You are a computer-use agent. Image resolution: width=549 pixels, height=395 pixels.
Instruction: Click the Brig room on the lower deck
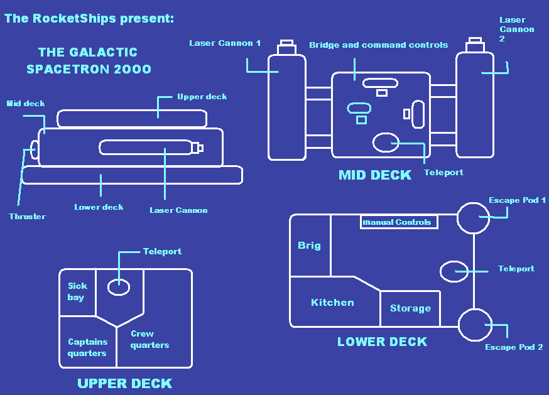click(310, 246)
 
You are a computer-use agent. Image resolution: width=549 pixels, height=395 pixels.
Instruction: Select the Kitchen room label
click(332, 303)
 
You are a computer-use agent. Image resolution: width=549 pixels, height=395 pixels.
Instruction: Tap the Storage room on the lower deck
click(410, 308)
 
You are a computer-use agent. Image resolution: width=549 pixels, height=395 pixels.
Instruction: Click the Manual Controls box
click(398, 222)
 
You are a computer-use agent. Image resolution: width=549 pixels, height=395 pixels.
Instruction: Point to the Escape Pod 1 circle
click(472, 217)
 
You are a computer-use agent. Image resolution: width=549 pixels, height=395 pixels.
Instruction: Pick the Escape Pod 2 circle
click(475, 325)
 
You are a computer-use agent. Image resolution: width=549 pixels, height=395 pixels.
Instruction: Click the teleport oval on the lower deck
click(454, 271)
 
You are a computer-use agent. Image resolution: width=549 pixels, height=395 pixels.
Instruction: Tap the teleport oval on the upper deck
click(119, 287)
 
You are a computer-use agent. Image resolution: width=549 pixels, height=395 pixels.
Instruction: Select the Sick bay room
click(77, 291)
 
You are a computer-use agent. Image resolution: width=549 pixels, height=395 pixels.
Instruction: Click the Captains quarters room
click(87, 347)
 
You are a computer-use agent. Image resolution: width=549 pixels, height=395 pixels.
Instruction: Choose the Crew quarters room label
click(149, 339)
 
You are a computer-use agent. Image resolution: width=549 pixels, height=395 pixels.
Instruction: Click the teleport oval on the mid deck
click(386, 143)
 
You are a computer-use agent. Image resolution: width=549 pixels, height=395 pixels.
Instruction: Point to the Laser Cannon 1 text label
click(225, 43)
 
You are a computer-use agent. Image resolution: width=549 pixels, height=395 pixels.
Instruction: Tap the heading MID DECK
click(375, 175)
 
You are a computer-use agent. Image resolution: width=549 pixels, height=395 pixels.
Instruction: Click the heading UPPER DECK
click(124, 383)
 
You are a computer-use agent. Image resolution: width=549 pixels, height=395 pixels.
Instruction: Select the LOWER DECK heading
click(382, 342)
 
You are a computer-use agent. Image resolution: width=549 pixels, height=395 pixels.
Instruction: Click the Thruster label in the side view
click(27, 217)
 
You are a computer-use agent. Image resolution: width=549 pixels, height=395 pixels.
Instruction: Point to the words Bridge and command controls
click(378, 45)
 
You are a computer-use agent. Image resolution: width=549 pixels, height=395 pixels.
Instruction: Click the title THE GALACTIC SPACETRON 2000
click(89, 61)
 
